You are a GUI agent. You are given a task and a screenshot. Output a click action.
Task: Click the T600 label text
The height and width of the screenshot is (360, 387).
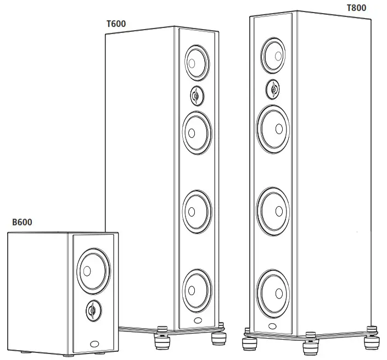115,25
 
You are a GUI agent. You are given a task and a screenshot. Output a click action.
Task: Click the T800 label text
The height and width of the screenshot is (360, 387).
356,8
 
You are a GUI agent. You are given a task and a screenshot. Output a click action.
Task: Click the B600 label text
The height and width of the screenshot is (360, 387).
22,222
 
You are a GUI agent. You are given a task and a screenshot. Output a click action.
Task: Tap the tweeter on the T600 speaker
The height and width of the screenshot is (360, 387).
196,96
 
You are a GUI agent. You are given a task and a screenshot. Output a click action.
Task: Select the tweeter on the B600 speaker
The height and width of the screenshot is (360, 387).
92,311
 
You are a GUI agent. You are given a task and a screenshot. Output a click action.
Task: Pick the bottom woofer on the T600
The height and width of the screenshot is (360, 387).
195,287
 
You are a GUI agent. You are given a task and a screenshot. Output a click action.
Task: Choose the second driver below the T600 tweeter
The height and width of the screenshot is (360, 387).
195,209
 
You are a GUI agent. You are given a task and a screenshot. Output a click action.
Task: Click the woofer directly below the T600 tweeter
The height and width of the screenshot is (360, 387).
195,132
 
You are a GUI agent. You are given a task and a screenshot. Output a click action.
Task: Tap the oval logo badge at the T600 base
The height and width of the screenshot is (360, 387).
198,320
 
